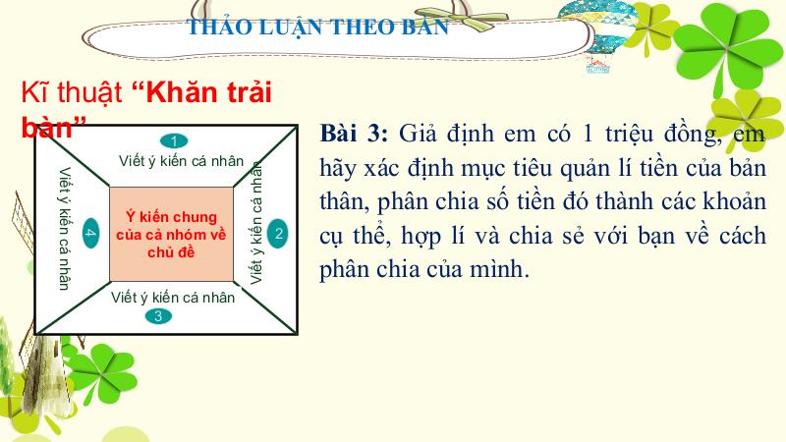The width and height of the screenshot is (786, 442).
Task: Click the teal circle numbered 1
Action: tap(174, 141)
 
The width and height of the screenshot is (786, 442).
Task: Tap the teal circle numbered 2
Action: tap(278, 233)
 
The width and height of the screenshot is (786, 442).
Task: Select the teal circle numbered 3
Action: tap(158, 316)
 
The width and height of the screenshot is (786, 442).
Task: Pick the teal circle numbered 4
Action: tap(90, 233)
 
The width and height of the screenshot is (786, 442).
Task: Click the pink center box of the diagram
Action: tap(171, 234)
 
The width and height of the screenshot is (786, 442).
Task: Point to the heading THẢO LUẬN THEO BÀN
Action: tap(317, 27)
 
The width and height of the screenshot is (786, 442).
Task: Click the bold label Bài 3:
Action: tap(354, 134)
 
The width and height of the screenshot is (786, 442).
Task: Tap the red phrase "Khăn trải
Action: tap(202, 92)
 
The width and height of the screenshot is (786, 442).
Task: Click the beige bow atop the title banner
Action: tap(461, 19)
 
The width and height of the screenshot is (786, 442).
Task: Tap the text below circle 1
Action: tap(181, 161)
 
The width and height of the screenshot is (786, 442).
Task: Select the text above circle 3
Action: tap(173, 298)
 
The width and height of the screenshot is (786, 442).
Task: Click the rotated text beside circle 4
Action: tap(64, 229)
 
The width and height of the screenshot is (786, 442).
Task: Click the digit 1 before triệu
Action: tap(587, 134)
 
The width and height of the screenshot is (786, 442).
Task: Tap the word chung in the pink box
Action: tap(192, 218)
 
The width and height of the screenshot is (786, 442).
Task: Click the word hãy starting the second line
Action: tap(337, 169)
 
